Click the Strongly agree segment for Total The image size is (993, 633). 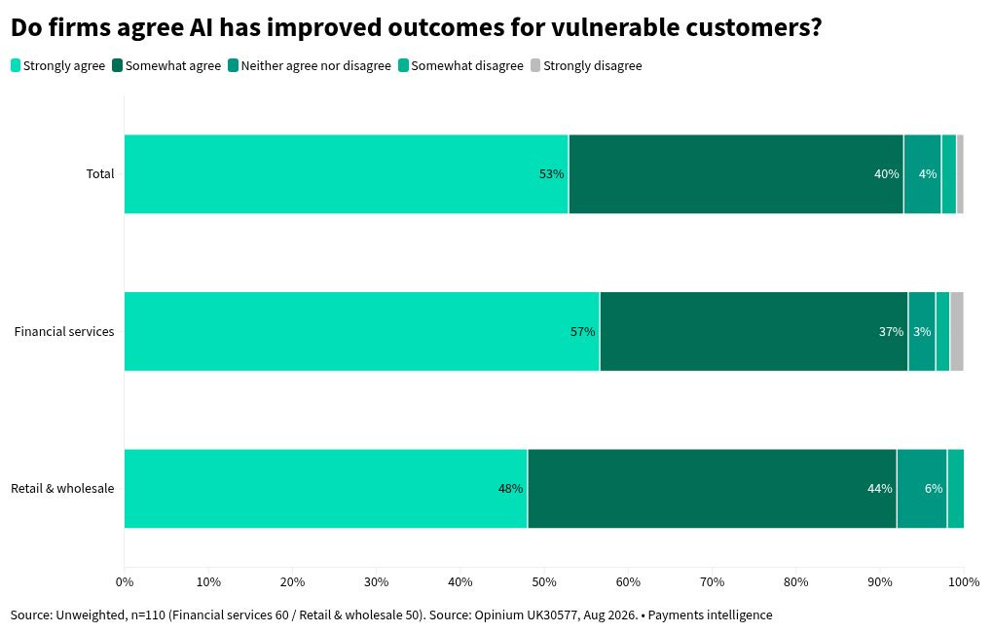pos(347,174)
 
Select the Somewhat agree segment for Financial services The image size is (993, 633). pos(754,331)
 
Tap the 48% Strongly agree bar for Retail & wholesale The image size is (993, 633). pos(325,489)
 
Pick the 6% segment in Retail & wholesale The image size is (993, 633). pos(922,489)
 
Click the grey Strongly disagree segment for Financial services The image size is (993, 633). pos(957,331)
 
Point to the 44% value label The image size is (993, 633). pos(880,489)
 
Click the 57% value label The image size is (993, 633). pos(582,331)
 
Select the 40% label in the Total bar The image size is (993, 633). pos(887,173)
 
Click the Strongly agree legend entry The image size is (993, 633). pos(57,66)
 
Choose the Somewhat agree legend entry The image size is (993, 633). pos(166,66)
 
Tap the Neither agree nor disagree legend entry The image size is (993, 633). pos(310,66)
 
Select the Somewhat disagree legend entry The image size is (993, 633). pos(461,66)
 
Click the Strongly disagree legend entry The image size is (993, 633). pos(586,66)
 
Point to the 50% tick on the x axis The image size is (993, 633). pos(544,581)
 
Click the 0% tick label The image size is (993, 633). pos(125,581)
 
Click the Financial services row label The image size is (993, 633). pos(64,331)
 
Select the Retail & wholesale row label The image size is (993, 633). pos(62,489)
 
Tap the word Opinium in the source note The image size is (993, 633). pos(499,615)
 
